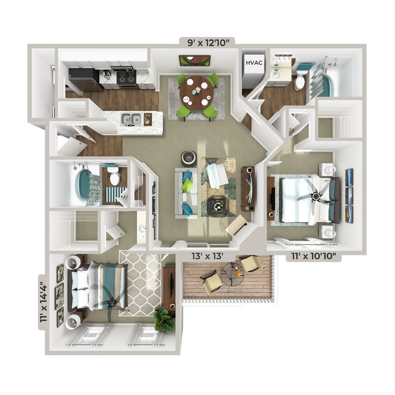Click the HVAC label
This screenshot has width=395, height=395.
pyautogui.click(x=253, y=61)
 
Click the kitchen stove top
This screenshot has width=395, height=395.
pyautogui.click(x=125, y=77)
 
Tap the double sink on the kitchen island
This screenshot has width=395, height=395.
pyautogui.click(x=131, y=119)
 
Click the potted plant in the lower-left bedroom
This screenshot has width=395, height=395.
pyautogui.click(x=164, y=320)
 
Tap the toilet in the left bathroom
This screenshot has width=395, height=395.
pyautogui.click(x=114, y=177)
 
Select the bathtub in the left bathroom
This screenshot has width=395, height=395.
pyautogui.click(x=84, y=185)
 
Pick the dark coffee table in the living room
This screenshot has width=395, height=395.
pyautogui.click(x=217, y=205)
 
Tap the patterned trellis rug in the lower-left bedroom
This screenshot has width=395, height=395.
pyautogui.click(x=140, y=283)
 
